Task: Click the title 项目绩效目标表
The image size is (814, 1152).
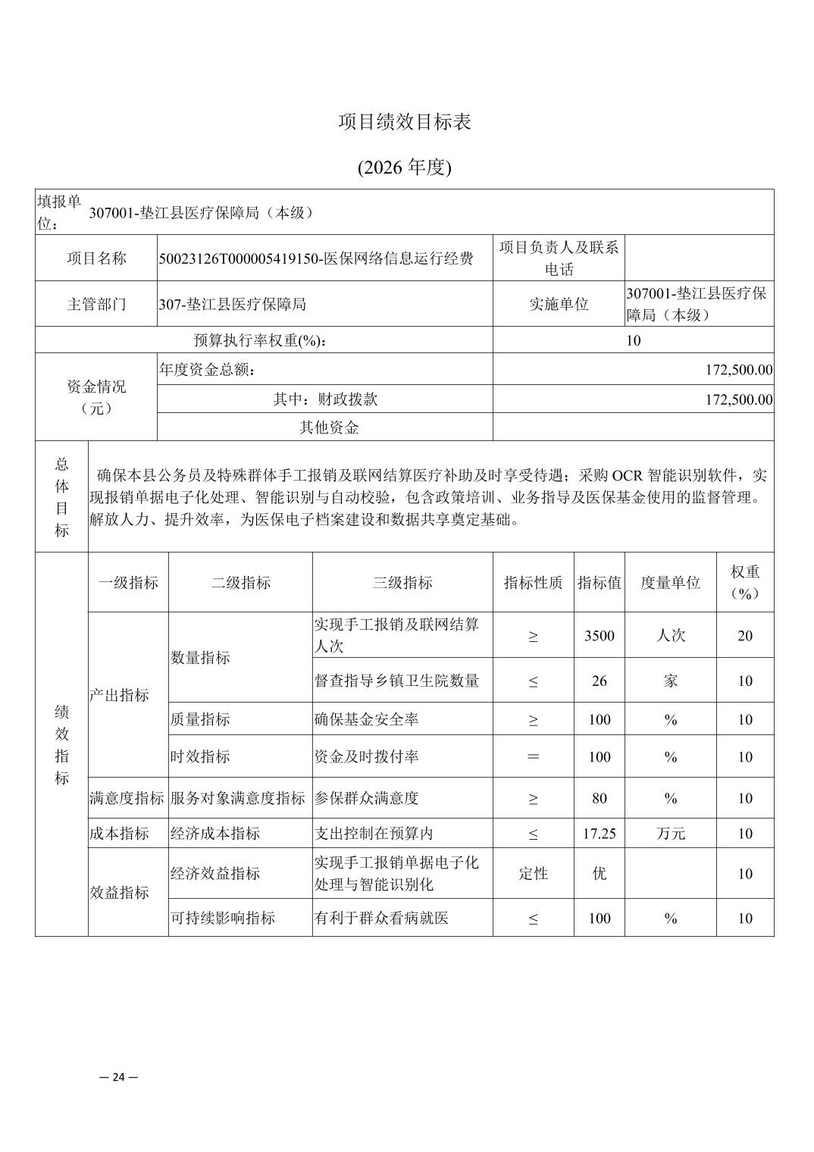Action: click(405, 122)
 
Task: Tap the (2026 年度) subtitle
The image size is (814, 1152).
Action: click(405, 167)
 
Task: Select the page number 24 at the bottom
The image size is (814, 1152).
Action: click(119, 1077)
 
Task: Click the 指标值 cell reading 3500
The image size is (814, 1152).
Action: click(599, 636)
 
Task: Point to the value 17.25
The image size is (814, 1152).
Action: click(599, 834)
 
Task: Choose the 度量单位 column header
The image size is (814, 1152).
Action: click(670, 583)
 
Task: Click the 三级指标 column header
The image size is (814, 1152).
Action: click(402, 583)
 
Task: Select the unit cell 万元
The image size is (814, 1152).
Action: click(670, 834)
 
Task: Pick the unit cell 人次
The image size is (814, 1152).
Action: click(670, 636)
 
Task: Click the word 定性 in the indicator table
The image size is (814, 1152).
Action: click(533, 874)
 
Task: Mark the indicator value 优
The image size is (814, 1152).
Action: click(599, 874)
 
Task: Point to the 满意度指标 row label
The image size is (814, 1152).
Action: click(127, 798)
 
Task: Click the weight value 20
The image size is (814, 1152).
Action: click(745, 636)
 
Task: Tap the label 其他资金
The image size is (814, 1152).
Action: click(329, 427)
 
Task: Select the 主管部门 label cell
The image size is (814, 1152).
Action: click(96, 305)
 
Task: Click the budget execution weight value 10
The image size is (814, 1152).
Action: click(633, 341)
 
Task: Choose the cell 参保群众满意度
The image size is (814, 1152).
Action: click(367, 798)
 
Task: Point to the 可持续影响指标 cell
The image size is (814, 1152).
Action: click(223, 919)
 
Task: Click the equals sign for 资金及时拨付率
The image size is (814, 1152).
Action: click(533, 757)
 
